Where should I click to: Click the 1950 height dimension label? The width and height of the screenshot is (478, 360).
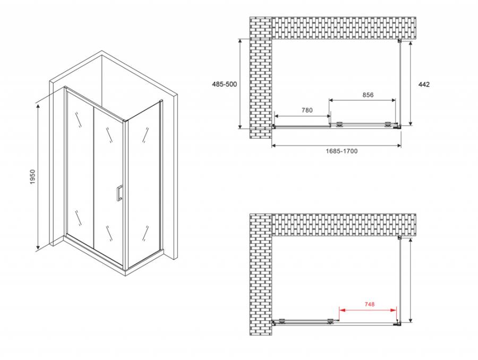(x=32, y=176)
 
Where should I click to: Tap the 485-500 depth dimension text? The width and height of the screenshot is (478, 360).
(x=224, y=84)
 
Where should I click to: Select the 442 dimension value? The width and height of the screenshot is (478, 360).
(x=424, y=84)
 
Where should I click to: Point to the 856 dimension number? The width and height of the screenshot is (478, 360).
(x=368, y=95)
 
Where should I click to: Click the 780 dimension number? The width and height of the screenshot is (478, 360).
(x=307, y=110)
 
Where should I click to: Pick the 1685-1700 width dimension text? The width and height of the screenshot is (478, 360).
(x=342, y=151)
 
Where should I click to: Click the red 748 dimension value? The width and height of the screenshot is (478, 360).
(x=369, y=304)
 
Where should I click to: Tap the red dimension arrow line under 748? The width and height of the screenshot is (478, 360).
(x=368, y=310)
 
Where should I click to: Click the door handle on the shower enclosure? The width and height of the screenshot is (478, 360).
(x=119, y=193)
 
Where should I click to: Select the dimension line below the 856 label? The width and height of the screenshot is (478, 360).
(x=362, y=100)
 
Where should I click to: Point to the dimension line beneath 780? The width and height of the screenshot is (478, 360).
(x=302, y=116)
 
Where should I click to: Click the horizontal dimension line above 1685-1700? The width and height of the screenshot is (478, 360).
(x=336, y=145)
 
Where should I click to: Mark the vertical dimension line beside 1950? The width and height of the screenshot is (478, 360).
(x=38, y=177)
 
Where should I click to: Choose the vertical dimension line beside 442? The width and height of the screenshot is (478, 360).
(x=411, y=83)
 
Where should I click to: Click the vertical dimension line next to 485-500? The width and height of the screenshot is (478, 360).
(x=240, y=84)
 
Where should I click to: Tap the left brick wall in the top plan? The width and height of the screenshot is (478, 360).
(x=261, y=78)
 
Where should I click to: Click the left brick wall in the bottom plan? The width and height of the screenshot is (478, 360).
(x=261, y=275)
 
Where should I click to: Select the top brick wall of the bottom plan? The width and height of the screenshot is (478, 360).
(x=344, y=225)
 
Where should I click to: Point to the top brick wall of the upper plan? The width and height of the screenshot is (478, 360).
(x=344, y=28)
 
